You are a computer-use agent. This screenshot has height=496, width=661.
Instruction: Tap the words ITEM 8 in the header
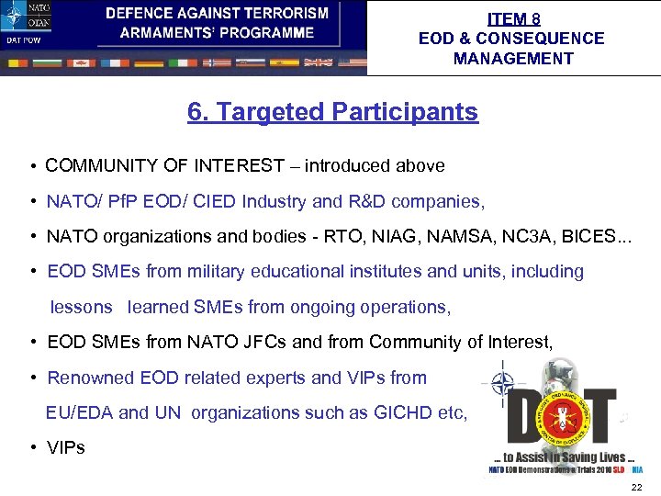513,18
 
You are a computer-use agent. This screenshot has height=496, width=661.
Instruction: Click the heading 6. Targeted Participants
332,112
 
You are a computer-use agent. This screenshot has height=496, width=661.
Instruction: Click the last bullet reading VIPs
66,448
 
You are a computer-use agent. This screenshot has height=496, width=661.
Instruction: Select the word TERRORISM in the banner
284,13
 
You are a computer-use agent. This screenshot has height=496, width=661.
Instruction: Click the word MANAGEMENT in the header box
512,59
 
